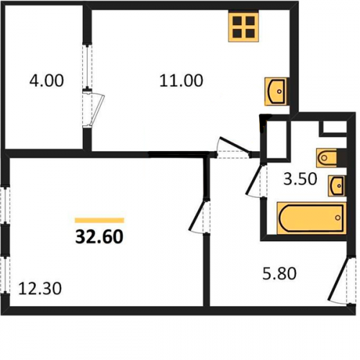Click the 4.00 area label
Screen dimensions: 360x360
47,81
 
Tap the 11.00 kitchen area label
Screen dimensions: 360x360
181,81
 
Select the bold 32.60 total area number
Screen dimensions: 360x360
99,236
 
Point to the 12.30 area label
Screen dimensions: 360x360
40,288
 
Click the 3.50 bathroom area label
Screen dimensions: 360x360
300,179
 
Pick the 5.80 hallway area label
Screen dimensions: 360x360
279,274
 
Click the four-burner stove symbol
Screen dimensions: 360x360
243,27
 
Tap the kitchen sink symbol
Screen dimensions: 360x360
276,91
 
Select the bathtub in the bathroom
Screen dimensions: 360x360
312,218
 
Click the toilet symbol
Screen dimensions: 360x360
327,158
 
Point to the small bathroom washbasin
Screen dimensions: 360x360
337,186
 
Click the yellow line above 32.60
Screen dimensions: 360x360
99,220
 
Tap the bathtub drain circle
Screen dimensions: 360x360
338,218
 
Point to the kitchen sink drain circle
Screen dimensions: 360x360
279,91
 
